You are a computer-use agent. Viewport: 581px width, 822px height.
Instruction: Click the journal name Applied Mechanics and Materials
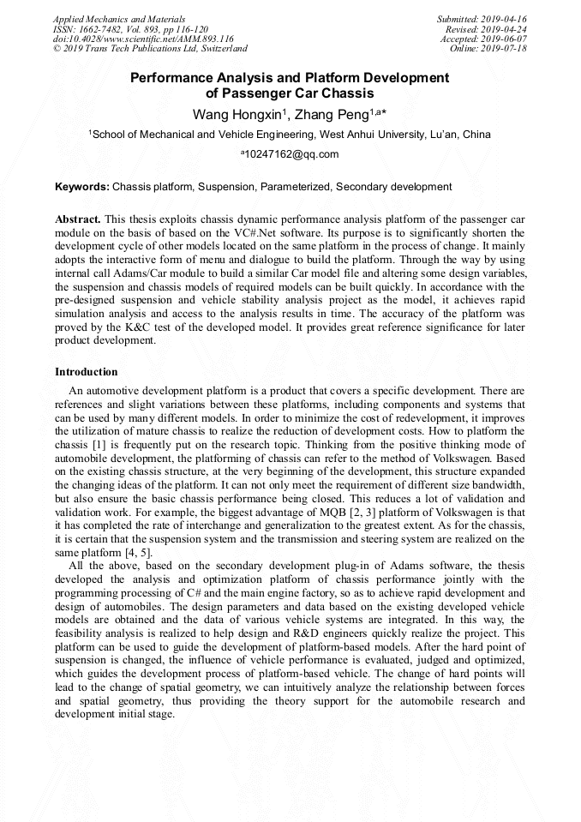pos(119,19)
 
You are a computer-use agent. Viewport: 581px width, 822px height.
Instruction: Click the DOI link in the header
pos(143,39)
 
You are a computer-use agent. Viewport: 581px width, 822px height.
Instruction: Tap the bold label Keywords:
pos(82,187)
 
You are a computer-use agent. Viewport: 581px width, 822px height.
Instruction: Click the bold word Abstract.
pos(78,220)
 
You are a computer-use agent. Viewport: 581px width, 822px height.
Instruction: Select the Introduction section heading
pos(86,372)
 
